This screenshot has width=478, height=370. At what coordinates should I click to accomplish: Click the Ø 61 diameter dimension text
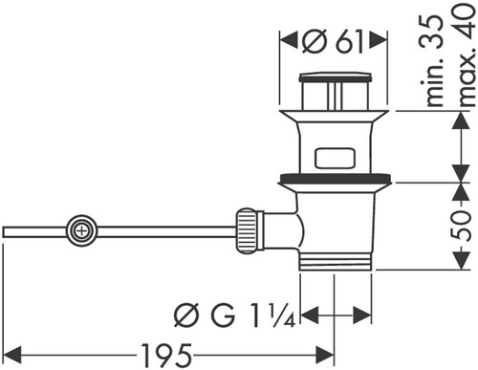(x=333, y=41)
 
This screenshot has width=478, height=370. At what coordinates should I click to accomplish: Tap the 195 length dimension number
(x=166, y=355)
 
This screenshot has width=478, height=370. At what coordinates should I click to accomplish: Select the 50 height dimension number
(x=462, y=226)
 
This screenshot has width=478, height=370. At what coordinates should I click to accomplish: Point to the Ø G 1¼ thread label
(x=235, y=316)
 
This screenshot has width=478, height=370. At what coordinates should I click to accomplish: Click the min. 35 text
(x=434, y=60)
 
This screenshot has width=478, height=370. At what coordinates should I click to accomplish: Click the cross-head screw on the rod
(x=82, y=230)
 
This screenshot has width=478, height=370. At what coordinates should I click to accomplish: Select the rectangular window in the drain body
(x=335, y=158)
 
